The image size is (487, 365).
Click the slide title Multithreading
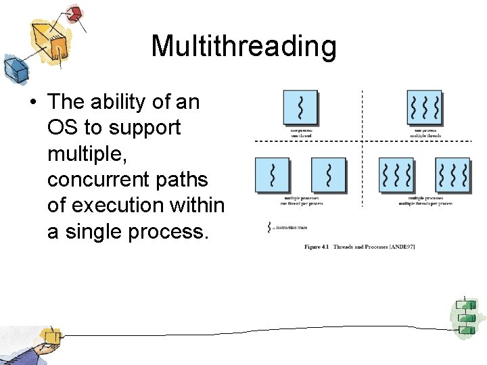click(243, 47)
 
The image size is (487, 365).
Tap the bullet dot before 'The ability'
click(31, 102)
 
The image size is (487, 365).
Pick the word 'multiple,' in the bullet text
click(84, 153)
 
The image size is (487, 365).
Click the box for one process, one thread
click(300, 107)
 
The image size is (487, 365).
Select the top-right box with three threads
click(425, 107)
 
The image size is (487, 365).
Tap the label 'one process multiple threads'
click(425, 132)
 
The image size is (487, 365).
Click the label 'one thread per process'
click(302, 202)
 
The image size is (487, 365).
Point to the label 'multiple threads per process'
click(425, 202)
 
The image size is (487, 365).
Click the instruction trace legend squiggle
click(270, 228)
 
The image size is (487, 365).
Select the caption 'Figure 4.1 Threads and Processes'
click(348, 247)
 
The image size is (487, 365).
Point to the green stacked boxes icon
click(465, 317)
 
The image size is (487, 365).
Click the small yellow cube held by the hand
click(49, 336)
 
